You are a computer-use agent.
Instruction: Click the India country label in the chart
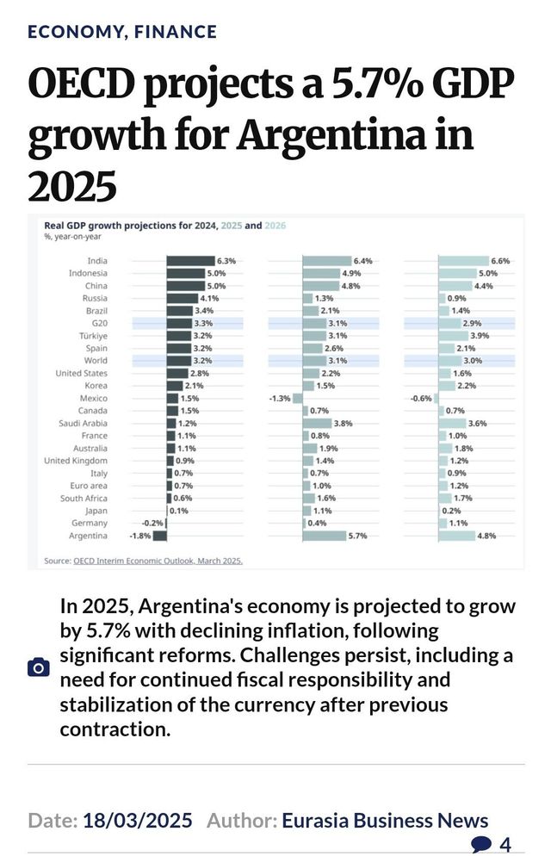pos(97,261)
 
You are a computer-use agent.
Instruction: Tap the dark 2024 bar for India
pos(190,261)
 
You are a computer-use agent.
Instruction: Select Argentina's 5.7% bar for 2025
pos(325,536)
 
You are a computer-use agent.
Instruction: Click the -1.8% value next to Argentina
pos(140,536)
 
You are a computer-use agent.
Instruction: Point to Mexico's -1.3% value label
pos(279,398)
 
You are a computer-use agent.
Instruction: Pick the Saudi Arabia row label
pos(83,423)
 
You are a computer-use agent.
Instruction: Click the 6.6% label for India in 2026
pos(500,261)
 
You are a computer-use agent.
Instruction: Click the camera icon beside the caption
pos(39,667)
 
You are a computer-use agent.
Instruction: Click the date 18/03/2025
pos(138,820)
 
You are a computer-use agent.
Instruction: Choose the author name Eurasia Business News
pos(385,820)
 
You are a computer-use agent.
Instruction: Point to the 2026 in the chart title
pos(275,226)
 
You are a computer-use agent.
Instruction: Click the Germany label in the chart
pos(90,523)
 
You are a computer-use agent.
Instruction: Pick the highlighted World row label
pos(96,361)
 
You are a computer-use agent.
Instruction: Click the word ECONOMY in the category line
pos(75,32)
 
